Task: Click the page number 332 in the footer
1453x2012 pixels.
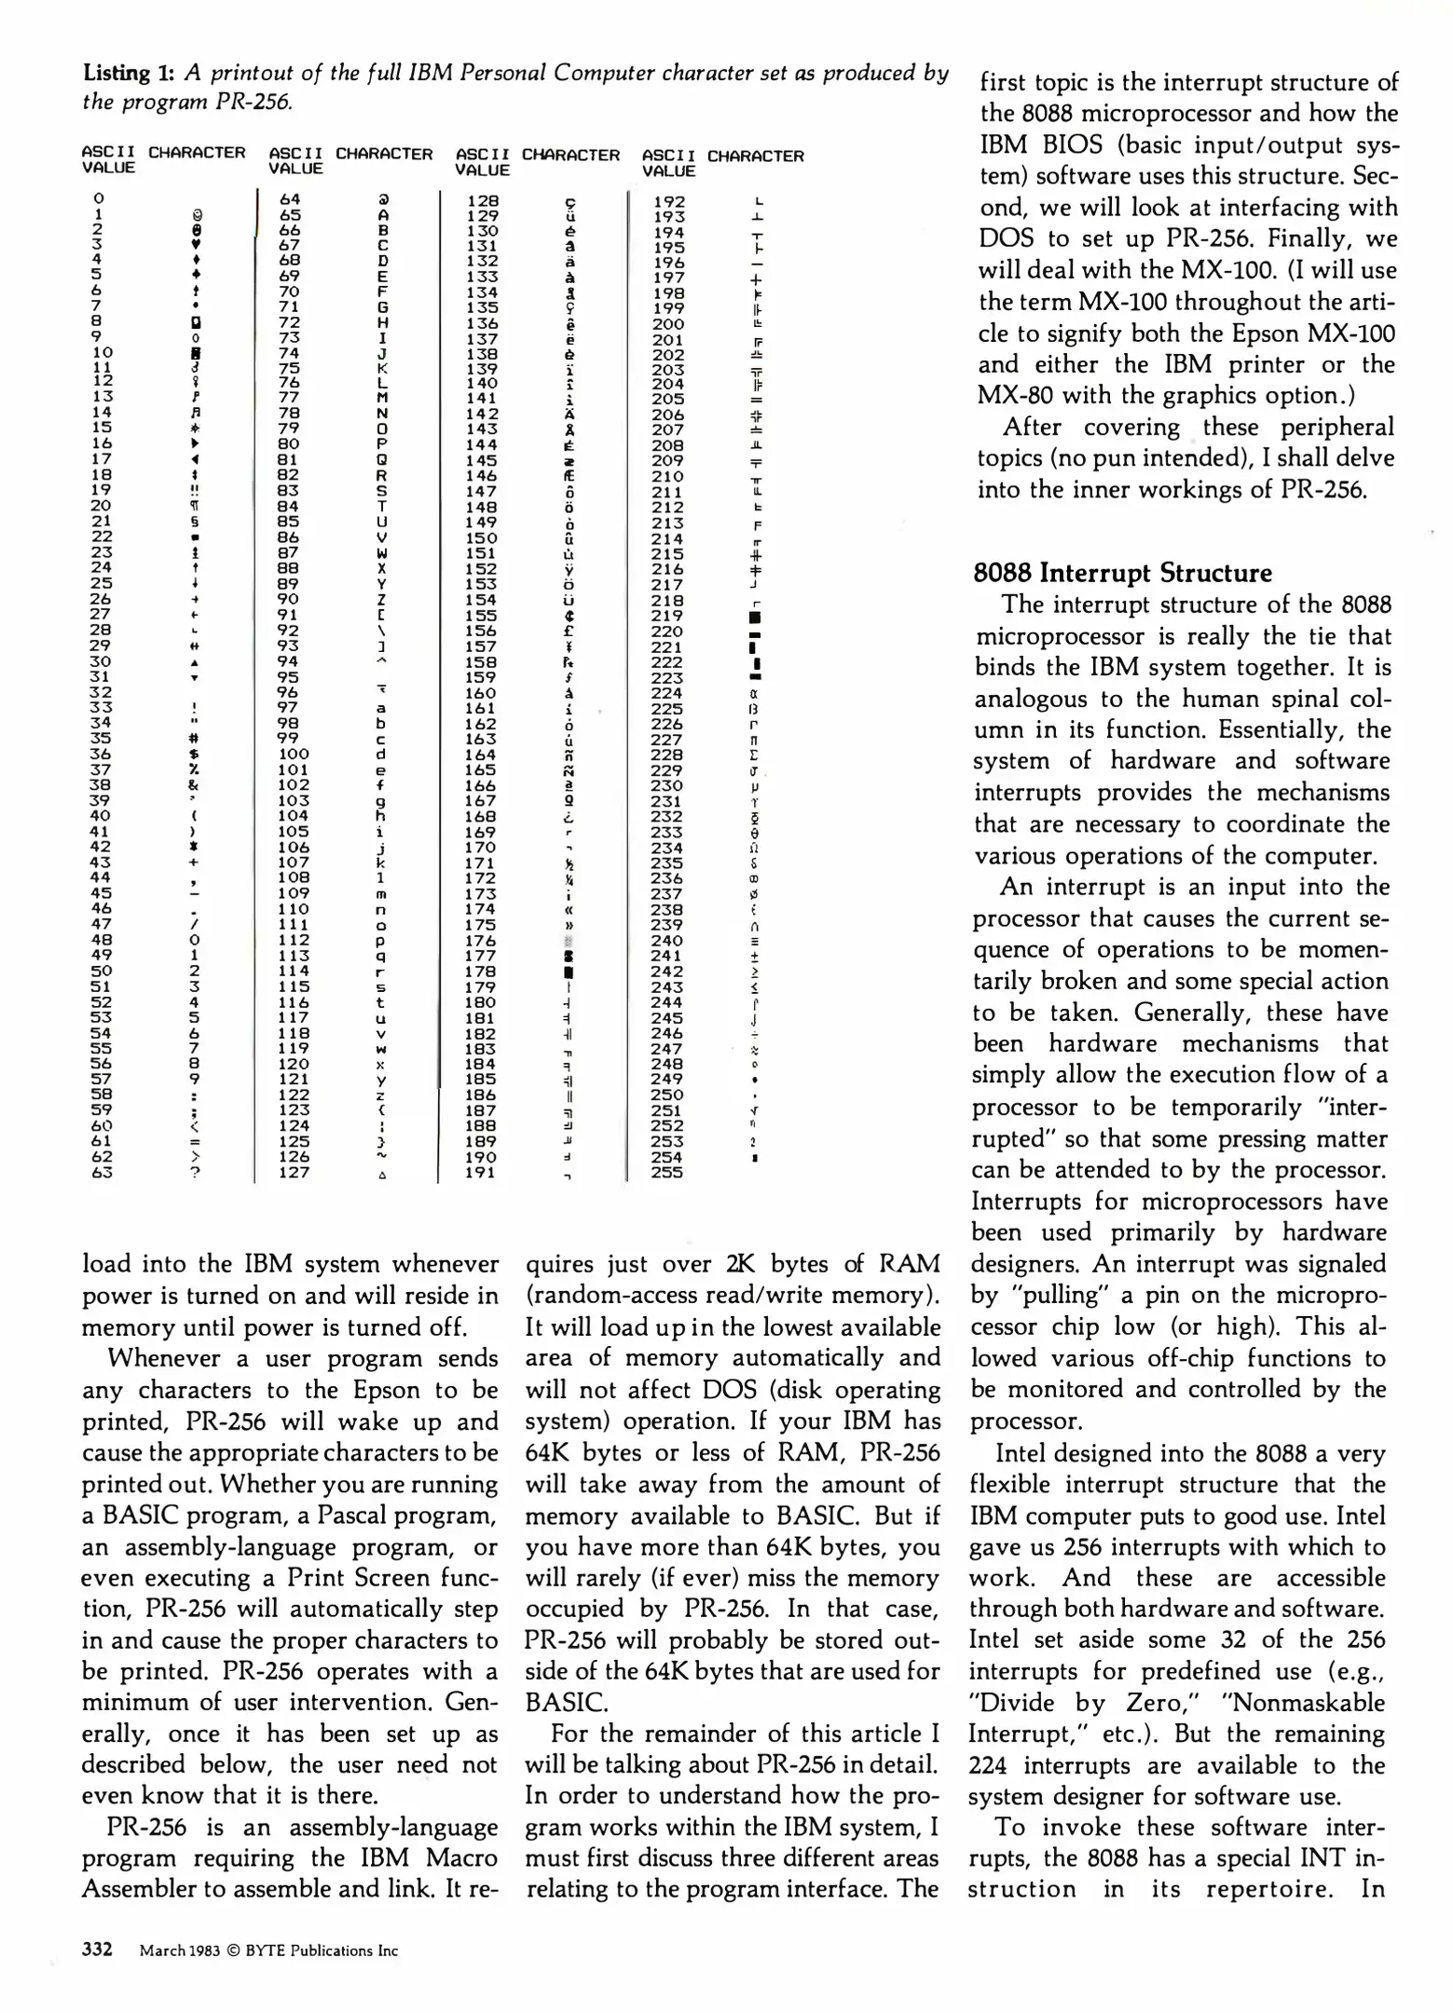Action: pyautogui.click(x=97, y=1950)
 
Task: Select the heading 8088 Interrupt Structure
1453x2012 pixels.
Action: pyautogui.click(x=1122, y=572)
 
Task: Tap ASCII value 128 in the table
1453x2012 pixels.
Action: pyautogui.click(x=483, y=200)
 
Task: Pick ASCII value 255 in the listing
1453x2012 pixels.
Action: pyautogui.click(x=667, y=1173)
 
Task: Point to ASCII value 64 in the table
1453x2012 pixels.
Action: pyautogui.click(x=290, y=198)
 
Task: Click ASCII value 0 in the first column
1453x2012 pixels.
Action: pyautogui.click(x=99, y=197)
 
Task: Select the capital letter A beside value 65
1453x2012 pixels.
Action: pyautogui.click(x=383, y=214)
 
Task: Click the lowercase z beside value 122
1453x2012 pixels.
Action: pyautogui.click(x=381, y=1095)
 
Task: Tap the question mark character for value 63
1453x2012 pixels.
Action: pyautogui.click(x=196, y=1173)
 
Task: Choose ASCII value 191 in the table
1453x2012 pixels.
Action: pyautogui.click(x=481, y=1174)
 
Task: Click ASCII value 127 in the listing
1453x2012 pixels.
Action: pyautogui.click(x=294, y=1173)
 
